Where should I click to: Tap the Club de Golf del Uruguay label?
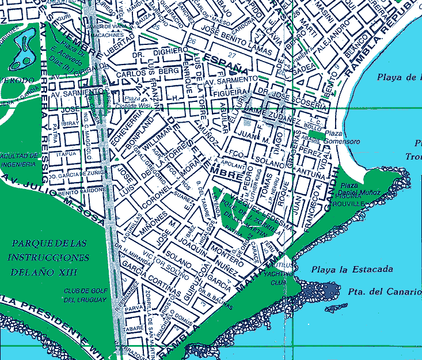85,295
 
